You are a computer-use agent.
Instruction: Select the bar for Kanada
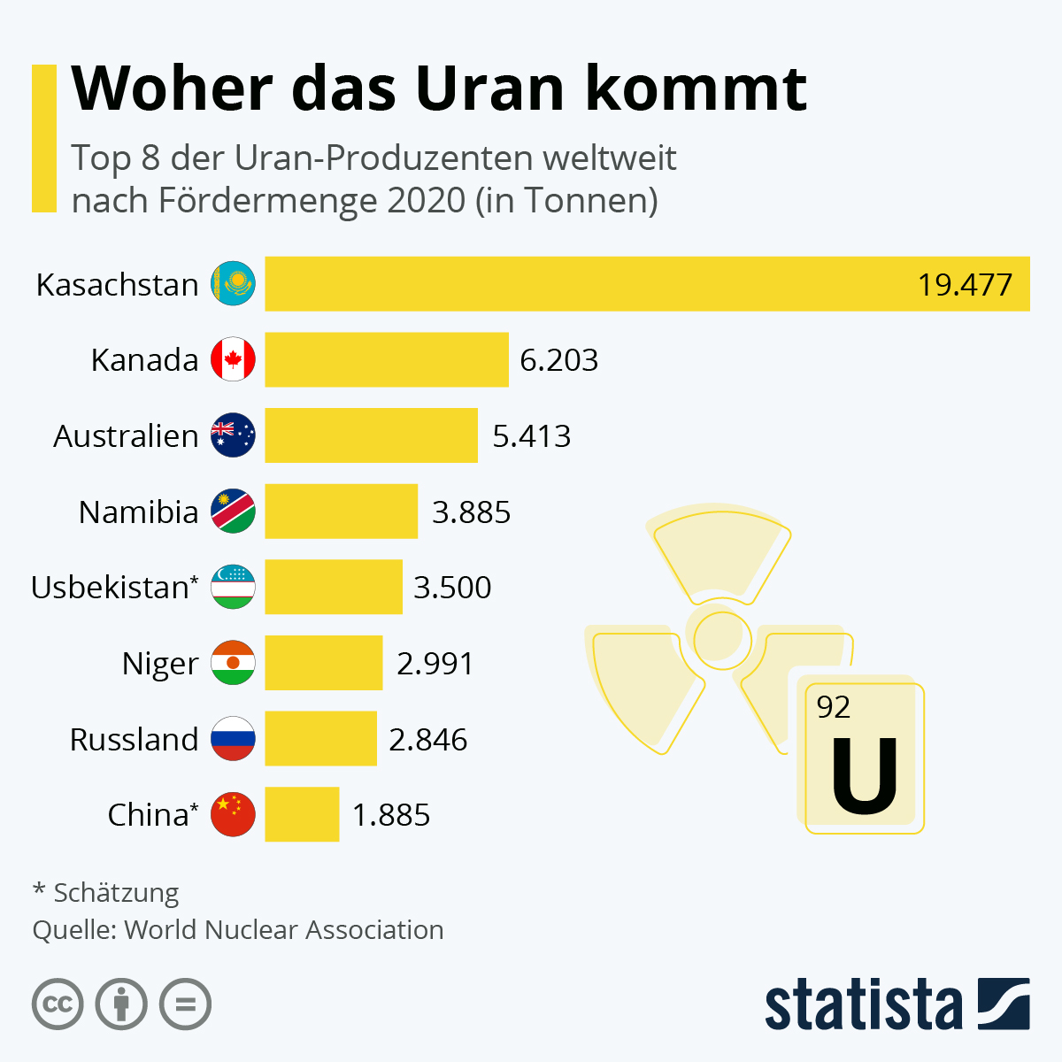[387, 359]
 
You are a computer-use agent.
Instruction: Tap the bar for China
[302, 814]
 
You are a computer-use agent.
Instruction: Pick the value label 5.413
[531, 436]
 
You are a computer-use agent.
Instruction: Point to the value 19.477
[964, 285]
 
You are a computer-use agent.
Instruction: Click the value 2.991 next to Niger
[435, 663]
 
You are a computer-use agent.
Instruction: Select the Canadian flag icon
[233, 359]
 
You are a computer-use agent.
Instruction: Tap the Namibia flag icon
[233, 512]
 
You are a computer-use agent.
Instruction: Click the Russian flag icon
[233, 739]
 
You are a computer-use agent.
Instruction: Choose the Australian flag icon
[233, 435]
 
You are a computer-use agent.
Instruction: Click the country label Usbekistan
[110, 588]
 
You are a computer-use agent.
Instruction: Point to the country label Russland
[134, 739]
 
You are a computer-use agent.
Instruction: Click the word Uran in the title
[489, 88]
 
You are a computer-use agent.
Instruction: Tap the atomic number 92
[833, 707]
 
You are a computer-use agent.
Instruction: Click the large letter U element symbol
[864, 777]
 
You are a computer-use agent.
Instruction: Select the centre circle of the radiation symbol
[722, 639]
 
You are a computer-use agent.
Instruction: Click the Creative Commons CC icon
[58, 1004]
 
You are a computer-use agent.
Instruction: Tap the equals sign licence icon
[185, 1004]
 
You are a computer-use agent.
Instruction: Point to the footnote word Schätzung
[116, 892]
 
